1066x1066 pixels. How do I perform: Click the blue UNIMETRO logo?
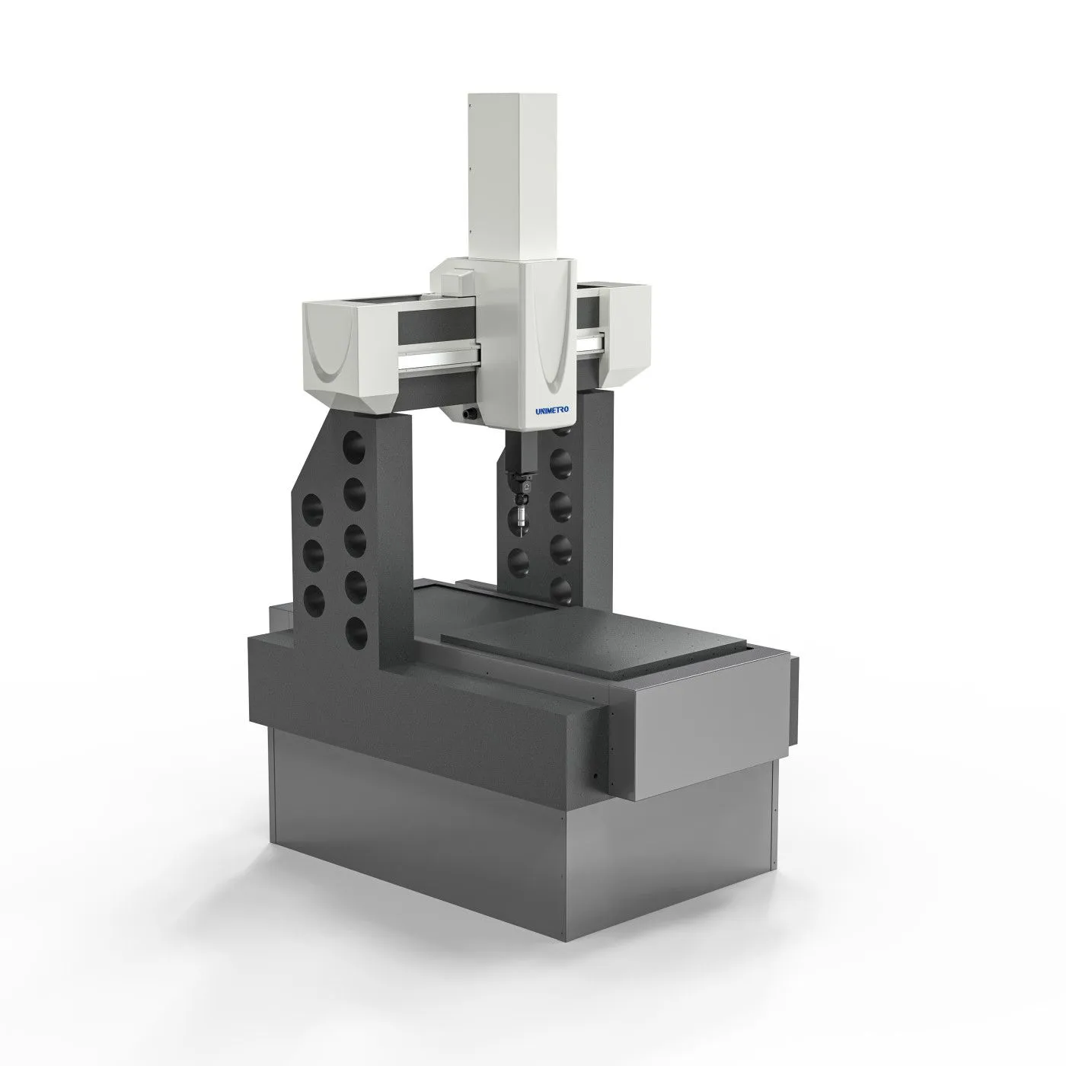pos(554,410)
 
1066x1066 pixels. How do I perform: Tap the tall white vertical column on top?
pos(512,176)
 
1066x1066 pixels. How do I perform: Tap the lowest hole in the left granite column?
pos(355,633)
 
